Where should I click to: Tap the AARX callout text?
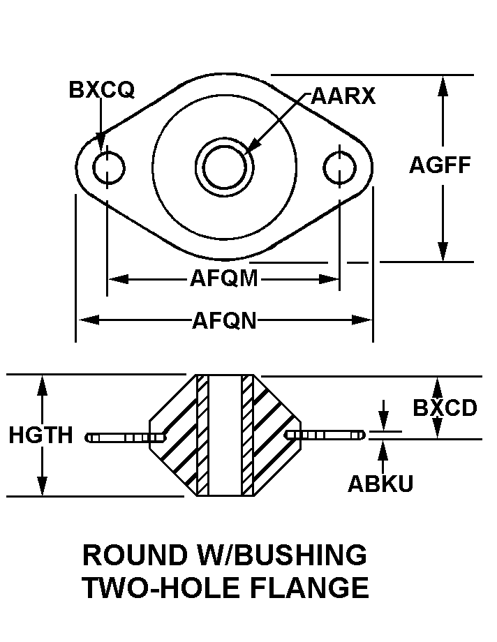343,96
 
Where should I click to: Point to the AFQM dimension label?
224,279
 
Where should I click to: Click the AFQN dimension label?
224,320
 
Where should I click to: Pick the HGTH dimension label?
40,435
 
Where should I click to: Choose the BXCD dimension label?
445,408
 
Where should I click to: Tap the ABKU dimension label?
380,484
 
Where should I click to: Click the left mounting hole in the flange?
108,167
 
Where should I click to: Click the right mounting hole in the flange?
340,166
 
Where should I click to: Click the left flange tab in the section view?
124,438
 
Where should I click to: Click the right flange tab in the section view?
325,435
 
